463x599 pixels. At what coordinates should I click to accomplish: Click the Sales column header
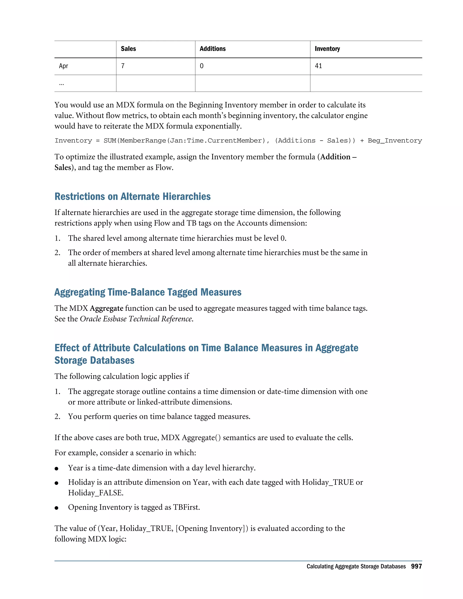(x=128, y=49)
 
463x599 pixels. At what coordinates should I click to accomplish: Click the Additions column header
(x=213, y=49)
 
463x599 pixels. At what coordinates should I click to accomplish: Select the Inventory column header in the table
(x=327, y=49)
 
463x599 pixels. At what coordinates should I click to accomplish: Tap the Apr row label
(x=63, y=66)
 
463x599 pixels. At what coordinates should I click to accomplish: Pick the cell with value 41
(x=319, y=66)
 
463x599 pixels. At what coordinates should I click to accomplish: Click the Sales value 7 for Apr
(x=123, y=66)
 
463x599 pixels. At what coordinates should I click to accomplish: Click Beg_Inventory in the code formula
(x=394, y=141)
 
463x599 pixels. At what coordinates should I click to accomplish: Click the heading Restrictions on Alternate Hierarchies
(x=132, y=197)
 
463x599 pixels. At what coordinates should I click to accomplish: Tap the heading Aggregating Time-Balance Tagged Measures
(x=148, y=292)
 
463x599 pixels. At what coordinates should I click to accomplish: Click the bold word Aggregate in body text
(x=106, y=309)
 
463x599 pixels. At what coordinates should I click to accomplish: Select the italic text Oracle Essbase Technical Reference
(x=136, y=319)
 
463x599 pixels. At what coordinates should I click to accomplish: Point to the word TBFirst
(x=186, y=507)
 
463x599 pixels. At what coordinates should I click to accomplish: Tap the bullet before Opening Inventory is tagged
(x=57, y=508)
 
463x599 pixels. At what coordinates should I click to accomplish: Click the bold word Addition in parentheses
(x=335, y=157)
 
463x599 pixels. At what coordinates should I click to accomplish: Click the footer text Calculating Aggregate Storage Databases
(x=356, y=567)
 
